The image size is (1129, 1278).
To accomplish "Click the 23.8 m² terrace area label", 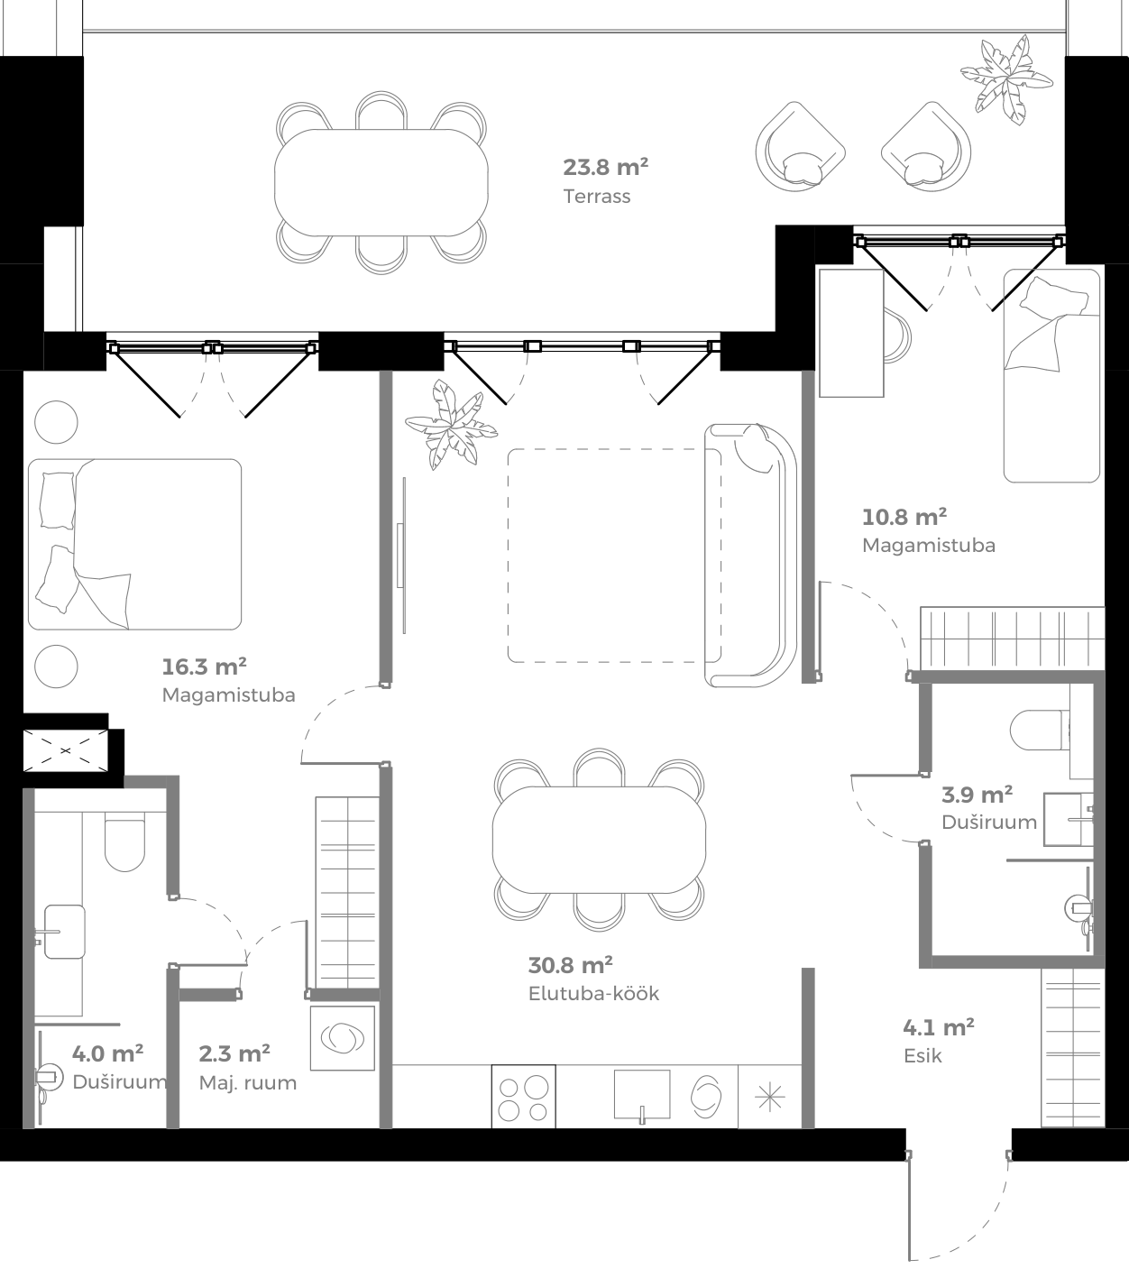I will tap(605, 167).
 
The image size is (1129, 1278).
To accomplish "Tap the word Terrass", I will tap(596, 196).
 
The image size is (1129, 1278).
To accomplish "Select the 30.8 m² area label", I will tap(570, 965).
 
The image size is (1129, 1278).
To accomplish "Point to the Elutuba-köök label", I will tap(593, 994).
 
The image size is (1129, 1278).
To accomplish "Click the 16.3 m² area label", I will tap(204, 667).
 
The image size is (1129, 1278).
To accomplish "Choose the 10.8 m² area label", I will tap(904, 517).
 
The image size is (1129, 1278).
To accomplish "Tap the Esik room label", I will tap(922, 1056).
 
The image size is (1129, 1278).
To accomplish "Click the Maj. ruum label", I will tap(247, 1082).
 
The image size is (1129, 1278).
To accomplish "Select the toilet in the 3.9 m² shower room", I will tap(1038, 731).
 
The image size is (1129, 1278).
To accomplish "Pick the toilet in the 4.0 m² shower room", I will tap(124, 842).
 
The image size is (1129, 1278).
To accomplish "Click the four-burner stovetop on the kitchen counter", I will tap(523, 1098).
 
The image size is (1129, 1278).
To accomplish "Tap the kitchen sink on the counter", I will tap(641, 1095).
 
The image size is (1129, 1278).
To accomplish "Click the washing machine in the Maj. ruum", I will tap(343, 1037).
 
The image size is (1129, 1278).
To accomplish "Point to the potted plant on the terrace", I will tap(1005, 78).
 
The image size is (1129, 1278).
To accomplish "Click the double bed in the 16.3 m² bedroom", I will tap(135, 544).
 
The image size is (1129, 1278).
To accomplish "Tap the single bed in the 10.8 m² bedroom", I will tap(1051, 374).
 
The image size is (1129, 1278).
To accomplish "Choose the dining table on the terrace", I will tap(381, 182).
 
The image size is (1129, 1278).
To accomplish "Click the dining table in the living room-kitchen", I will tap(599, 840).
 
